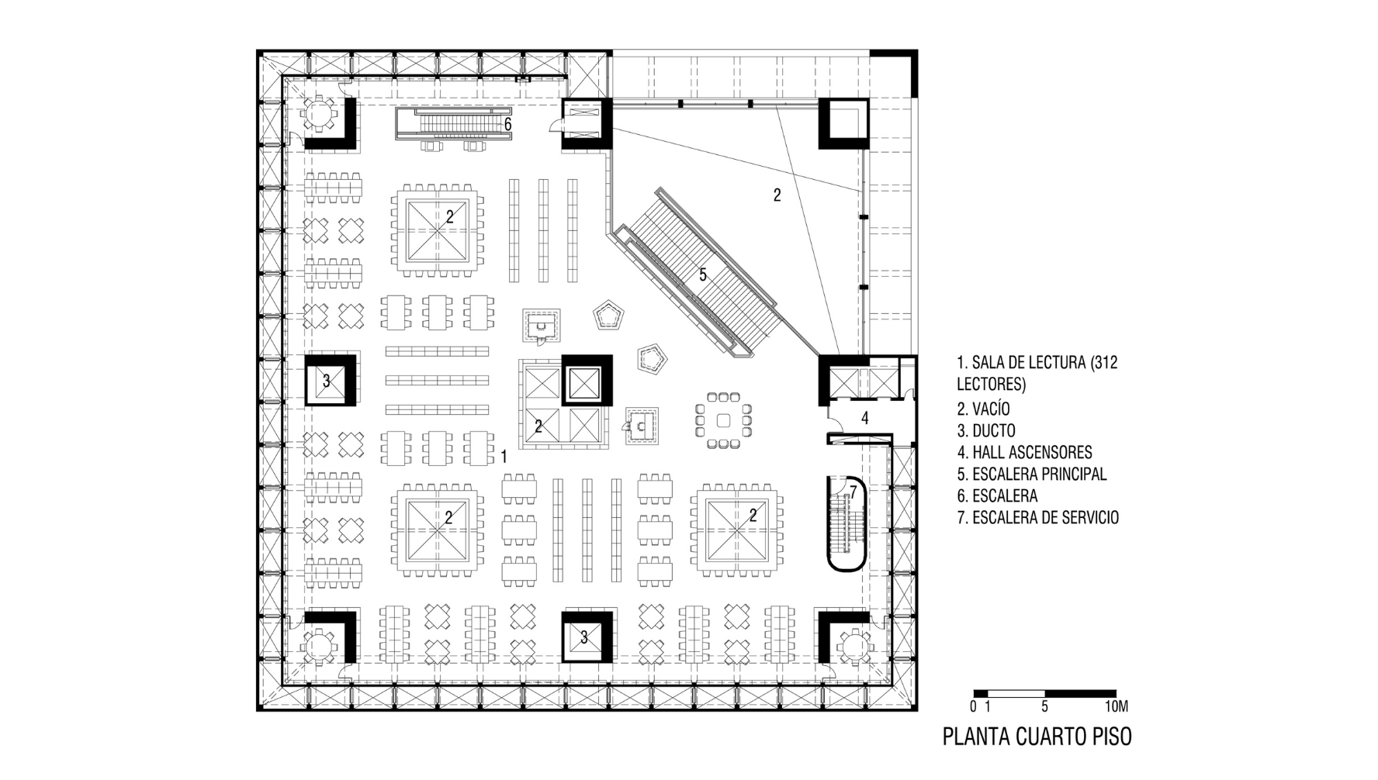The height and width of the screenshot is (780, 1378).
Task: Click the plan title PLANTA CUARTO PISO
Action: click(x=1037, y=736)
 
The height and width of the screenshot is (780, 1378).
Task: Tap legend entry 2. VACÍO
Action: click(x=983, y=408)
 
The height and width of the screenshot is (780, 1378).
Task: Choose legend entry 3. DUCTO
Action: click(x=986, y=430)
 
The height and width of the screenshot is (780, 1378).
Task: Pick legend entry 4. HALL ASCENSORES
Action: click(x=1024, y=452)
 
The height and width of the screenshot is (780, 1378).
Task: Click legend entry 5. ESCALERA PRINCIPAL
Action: click(x=1032, y=474)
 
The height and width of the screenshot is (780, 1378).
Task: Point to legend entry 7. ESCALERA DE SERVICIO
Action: click(x=1038, y=517)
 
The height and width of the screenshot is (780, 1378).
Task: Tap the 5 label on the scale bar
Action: click(x=1044, y=706)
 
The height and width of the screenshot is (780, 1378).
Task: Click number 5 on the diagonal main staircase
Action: click(x=703, y=274)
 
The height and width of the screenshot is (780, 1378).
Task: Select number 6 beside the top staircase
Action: click(x=507, y=124)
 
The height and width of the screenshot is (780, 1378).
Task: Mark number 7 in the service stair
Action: click(x=853, y=492)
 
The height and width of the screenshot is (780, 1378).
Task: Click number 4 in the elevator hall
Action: click(x=865, y=419)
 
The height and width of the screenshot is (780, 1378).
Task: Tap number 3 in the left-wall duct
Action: click(x=327, y=381)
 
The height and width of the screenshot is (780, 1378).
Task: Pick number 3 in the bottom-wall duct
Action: click(x=584, y=637)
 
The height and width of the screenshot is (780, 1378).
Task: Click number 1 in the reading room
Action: click(x=504, y=457)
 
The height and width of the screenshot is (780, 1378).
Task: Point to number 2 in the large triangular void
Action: click(x=777, y=195)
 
